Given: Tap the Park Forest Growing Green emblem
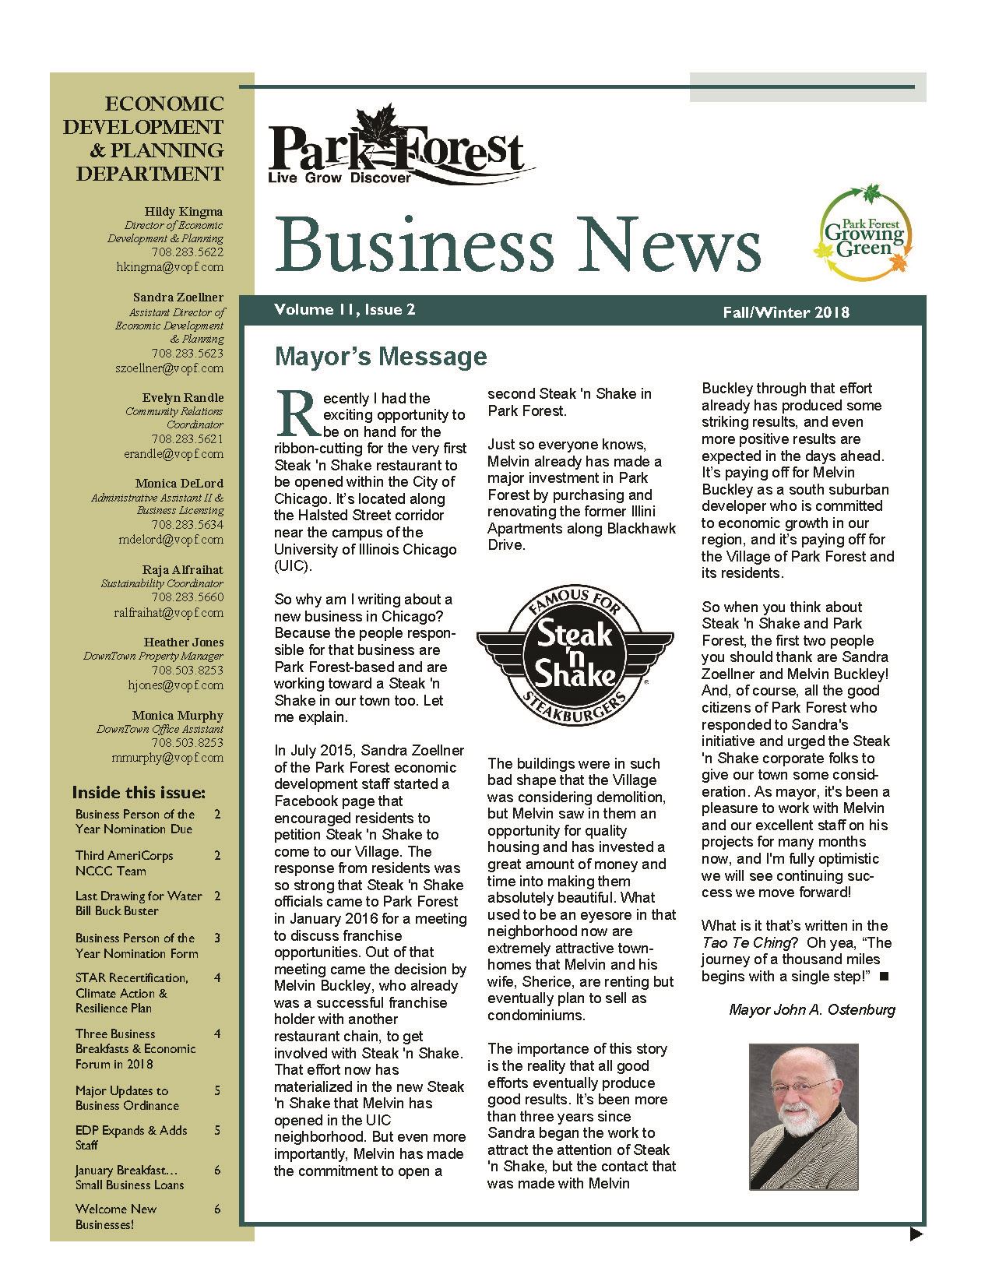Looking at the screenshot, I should [x=864, y=233].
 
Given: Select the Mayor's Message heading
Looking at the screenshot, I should [x=381, y=357].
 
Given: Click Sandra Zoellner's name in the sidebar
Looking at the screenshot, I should [x=178, y=297].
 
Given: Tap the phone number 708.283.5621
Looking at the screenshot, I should [x=187, y=439].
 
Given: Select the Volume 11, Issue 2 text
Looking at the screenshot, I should [x=344, y=310].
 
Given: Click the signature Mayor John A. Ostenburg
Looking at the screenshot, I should [x=812, y=1009].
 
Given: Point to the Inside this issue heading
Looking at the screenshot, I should [x=139, y=793].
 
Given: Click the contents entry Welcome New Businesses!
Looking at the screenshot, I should [x=116, y=1216].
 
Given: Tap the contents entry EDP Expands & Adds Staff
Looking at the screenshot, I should [x=131, y=1137].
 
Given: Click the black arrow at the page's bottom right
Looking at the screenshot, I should [x=916, y=1234].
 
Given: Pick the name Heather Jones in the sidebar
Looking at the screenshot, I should [x=184, y=643].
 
